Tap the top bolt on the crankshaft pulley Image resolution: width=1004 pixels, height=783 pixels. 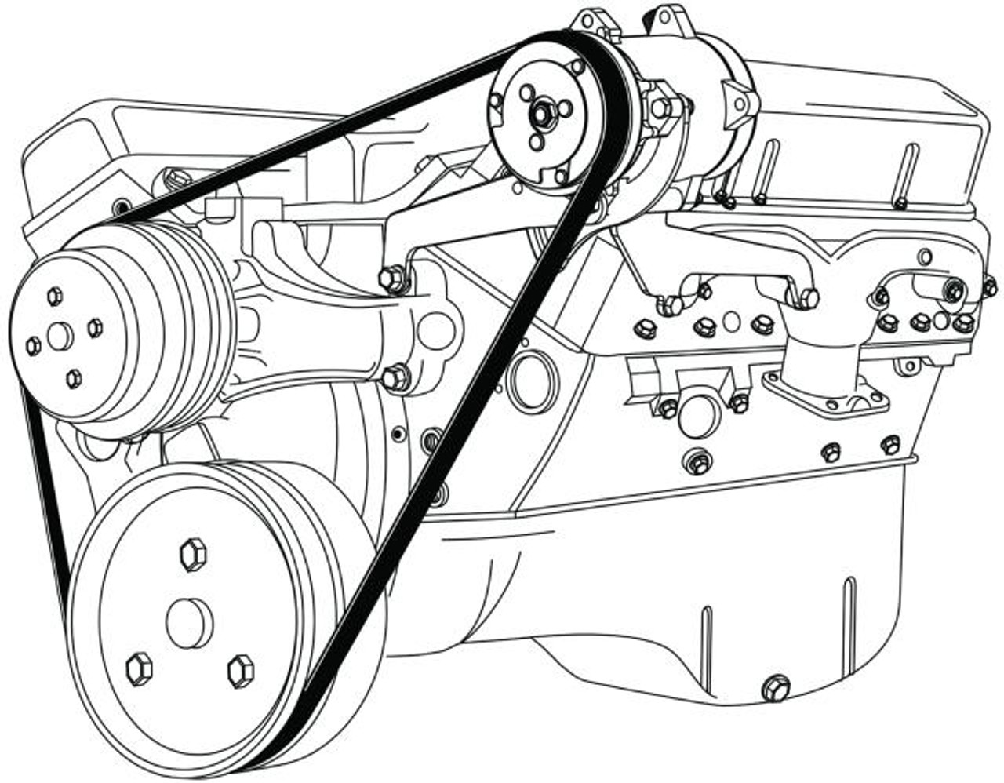192,555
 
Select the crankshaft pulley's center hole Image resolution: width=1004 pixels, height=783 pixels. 189,624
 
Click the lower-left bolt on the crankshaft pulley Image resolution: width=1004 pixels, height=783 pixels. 139,668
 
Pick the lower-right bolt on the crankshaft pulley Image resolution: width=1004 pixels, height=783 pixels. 241,671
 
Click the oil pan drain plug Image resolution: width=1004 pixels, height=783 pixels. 775,688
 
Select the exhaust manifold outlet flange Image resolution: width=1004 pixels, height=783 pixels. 825,391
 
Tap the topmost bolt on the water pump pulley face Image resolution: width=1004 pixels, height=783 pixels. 54,296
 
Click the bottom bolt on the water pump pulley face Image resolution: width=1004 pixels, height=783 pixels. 74,379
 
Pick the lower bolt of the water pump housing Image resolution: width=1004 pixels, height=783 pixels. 395,378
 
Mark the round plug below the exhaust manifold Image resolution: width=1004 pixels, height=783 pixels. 698,414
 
